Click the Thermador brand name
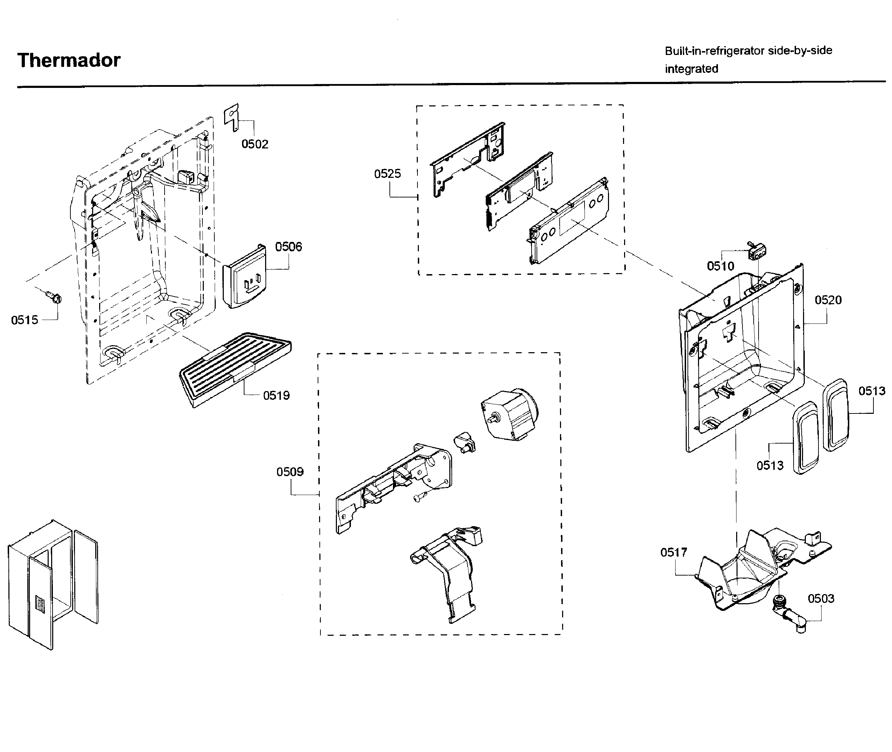69,60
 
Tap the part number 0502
255,144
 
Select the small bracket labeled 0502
231,116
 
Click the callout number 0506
288,246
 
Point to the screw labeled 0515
54,296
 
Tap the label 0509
290,472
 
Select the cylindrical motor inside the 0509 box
509,415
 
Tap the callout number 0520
828,300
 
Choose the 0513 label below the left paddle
770,466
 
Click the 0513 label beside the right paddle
872,391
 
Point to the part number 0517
674,552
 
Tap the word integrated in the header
691,69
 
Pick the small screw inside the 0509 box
420,497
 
